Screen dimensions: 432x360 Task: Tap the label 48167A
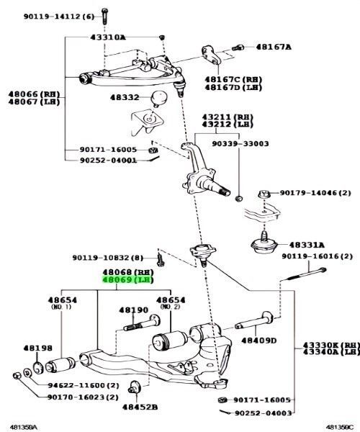(x=274, y=48)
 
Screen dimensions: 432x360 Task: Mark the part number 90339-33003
(x=240, y=144)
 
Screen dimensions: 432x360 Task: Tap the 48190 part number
(x=132, y=310)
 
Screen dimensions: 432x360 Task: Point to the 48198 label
(x=37, y=347)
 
